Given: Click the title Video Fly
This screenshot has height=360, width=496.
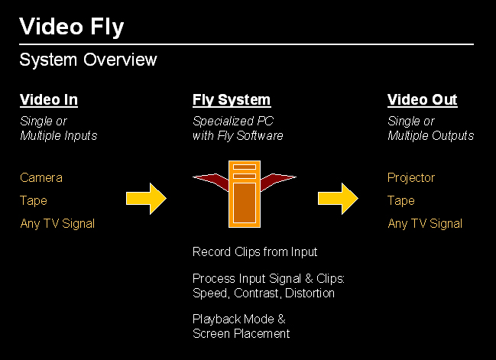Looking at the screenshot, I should [71, 27].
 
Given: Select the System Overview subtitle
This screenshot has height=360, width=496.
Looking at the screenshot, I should [88, 60].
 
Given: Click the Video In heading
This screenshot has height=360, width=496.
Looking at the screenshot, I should [48, 100].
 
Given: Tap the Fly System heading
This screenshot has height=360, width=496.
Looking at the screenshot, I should [231, 100].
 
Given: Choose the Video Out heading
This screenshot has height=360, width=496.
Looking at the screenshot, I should [422, 100].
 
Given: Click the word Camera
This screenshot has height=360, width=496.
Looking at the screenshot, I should [41, 178].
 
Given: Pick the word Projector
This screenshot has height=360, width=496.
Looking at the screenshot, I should [411, 178].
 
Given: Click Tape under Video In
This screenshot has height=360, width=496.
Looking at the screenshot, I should [34, 201].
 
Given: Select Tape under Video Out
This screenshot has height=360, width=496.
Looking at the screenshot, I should [401, 201].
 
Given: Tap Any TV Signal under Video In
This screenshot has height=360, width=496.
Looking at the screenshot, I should [57, 224].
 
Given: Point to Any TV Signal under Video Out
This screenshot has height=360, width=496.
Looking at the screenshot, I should [425, 224].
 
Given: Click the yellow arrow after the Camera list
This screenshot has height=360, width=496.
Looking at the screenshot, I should [146, 199].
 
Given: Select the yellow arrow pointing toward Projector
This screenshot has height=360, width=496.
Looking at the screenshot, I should [338, 199].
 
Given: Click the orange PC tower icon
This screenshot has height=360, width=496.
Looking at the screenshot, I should [245, 194].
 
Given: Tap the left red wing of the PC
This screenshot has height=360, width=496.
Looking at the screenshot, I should [211, 181].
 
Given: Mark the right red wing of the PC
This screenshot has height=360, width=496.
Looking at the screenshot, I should [277, 181].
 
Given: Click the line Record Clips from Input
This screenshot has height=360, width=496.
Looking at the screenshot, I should [254, 252].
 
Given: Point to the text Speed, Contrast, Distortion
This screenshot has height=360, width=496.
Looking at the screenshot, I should [264, 294].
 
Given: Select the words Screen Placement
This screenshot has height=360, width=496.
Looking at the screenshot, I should [241, 334].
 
